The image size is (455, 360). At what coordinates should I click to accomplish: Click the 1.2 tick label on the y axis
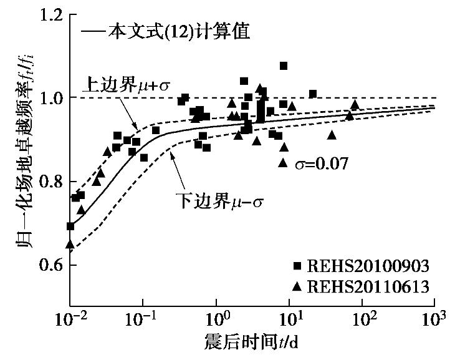[x=50, y=14]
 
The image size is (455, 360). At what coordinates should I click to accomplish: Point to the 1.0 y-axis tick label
[x=50, y=98]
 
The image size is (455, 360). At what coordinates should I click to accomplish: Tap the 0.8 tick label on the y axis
[x=50, y=182]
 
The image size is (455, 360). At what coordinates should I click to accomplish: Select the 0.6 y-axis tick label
[x=50, y=266]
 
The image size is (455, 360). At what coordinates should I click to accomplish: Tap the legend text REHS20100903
[x=368, y=266]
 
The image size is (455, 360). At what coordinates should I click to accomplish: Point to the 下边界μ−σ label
[x=209, y=203]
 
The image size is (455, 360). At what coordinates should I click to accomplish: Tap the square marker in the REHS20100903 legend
[x=297, y=266]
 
